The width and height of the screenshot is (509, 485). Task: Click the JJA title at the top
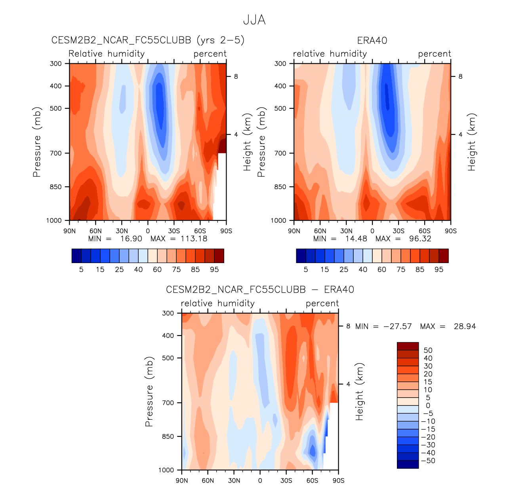254,20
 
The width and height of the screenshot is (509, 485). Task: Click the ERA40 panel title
372,40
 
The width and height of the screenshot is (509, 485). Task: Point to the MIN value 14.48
356,239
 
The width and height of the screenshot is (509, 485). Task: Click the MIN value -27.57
397,327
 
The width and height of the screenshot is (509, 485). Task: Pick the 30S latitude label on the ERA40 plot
398,231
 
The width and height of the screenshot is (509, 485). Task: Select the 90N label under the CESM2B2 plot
69,231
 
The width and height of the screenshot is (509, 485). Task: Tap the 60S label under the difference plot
312,481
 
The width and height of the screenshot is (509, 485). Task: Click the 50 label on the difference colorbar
428,350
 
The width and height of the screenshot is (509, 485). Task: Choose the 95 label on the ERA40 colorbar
439,270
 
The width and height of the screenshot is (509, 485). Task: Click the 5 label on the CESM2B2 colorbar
81,270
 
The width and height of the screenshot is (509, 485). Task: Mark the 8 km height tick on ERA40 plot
460,76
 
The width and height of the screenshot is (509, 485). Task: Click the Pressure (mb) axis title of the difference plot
149,391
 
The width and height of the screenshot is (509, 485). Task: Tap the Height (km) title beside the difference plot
359,391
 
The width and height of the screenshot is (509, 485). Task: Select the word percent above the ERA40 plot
435,54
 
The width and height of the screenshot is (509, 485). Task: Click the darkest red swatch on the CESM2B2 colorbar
219,256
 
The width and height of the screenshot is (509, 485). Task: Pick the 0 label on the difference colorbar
428,405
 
